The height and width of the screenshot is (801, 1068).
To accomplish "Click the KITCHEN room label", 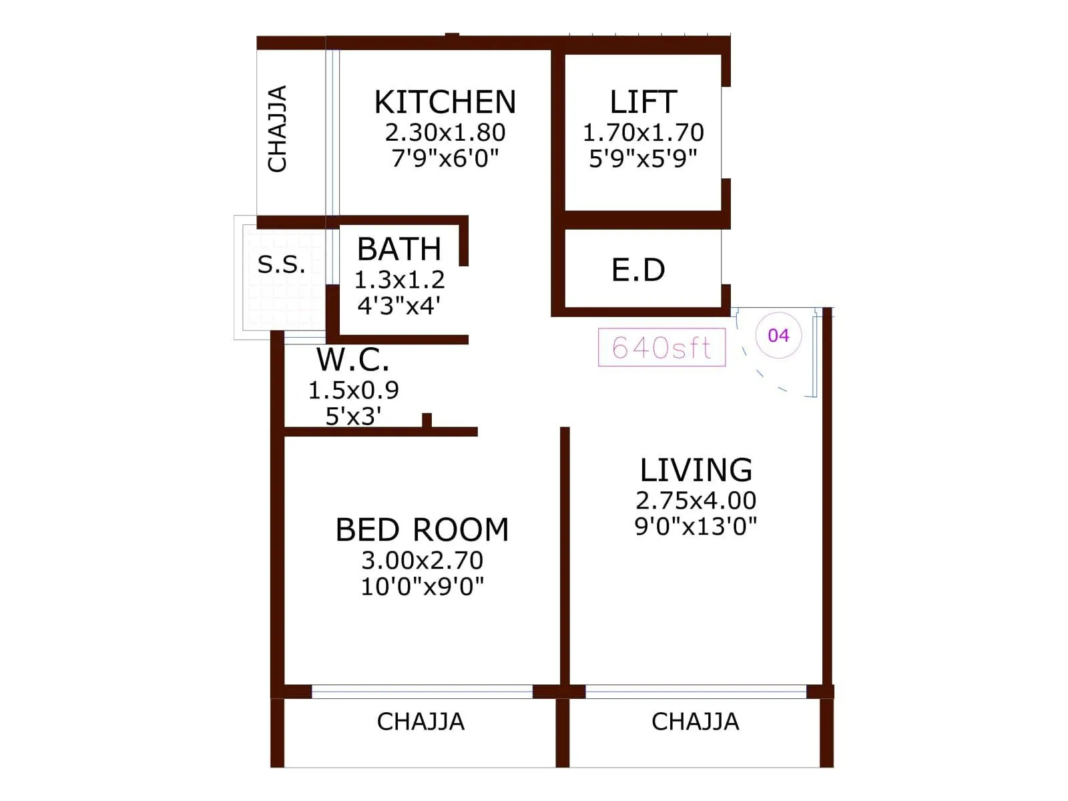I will point(445,103).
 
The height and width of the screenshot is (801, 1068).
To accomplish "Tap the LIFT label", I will point(643,103).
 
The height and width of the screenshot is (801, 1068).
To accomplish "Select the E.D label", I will point(639,270).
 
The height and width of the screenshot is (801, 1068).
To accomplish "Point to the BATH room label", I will point(399,250).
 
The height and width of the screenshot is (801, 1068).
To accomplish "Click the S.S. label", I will point(282,265).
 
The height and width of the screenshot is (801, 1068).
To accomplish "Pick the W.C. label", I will point(353,360).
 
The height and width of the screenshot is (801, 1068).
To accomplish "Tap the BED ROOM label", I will point(422,530).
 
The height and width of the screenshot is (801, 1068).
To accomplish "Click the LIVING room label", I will point(696,471).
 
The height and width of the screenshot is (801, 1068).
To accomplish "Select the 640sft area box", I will point(661,347).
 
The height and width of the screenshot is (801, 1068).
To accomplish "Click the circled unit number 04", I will point(778,335).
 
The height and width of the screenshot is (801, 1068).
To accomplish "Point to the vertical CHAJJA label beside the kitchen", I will point(278,129).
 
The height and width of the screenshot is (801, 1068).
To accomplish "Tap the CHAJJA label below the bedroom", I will point(421,722).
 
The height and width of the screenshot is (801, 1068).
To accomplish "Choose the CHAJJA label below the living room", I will point(696,722).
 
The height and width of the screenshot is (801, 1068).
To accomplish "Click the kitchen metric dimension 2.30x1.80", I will point(445,133).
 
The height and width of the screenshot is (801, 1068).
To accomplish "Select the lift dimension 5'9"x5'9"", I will point(643,159).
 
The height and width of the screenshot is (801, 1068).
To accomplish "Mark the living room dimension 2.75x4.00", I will point(696,501).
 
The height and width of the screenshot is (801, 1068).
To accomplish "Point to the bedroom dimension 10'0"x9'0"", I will point(422,587).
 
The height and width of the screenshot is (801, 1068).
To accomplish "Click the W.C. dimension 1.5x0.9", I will point(353,390).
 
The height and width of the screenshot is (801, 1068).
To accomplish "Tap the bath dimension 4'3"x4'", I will point(399,306).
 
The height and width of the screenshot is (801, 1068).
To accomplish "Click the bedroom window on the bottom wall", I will point(422,692).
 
